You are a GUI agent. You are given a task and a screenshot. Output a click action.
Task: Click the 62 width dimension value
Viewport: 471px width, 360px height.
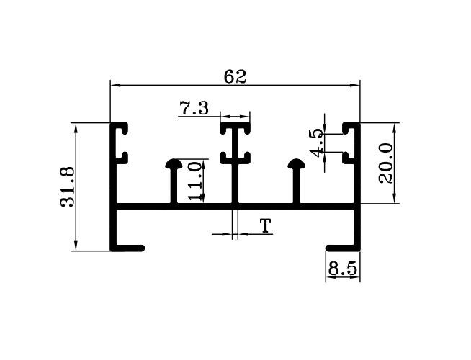click(x=235, y=76)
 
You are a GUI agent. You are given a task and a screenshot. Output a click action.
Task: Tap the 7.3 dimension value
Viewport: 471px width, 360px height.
click(x=194, y=109)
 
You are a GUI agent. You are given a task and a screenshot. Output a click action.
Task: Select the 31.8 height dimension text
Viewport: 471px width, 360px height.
click(x=68, y=187)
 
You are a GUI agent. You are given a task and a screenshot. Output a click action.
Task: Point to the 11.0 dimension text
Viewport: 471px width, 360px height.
click(x=193, y=180)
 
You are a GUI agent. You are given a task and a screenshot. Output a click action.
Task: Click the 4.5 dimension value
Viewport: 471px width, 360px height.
click(x=315, y=143)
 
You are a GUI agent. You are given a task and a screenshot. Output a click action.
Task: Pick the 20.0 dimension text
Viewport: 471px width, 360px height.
click(x=386, y=163)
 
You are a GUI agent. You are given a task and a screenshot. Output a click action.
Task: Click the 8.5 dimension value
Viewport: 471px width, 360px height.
click(x=342, y=269)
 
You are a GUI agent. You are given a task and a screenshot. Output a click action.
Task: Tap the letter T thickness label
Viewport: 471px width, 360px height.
click(x=266, y=227)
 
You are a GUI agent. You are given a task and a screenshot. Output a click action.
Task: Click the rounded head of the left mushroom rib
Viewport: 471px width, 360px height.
click(x=174, y=165)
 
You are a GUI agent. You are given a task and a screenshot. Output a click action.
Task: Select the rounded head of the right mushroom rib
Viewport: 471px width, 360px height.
click(x=297, y=165)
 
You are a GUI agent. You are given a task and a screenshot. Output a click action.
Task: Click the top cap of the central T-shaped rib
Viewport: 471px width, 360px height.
click(x=235, y=130)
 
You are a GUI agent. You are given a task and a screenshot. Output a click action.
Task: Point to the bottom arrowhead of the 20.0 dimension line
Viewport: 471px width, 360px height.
click(x=395, y=200)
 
